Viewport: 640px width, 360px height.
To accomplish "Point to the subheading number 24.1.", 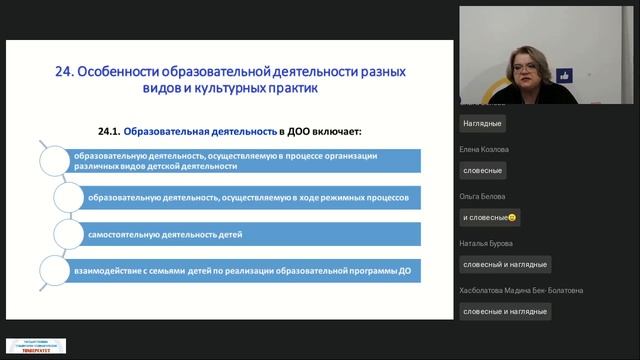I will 114,131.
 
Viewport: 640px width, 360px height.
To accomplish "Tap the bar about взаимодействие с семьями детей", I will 240,270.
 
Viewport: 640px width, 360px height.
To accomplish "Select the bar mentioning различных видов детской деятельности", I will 240,160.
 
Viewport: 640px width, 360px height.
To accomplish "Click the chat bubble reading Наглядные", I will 483,124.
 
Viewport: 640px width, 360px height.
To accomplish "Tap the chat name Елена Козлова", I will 485,148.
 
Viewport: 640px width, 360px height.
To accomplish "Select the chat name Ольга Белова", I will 483,195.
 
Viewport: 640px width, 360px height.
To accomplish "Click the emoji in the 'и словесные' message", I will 512,217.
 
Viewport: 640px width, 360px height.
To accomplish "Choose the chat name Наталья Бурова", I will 487,242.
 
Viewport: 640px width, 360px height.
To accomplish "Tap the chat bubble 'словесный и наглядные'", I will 505,264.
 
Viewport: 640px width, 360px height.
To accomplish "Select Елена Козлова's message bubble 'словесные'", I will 484,171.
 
